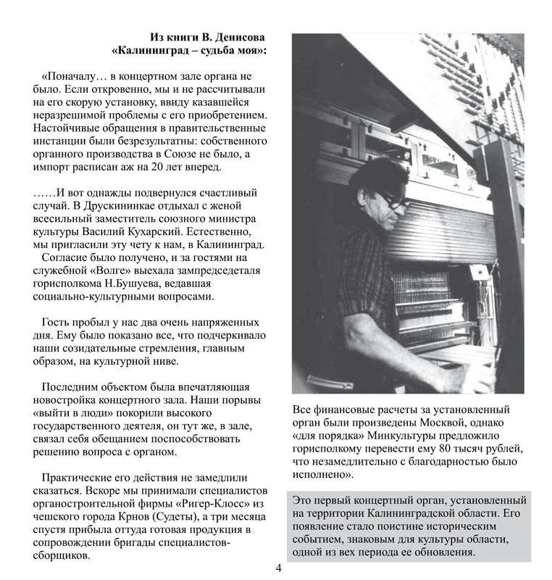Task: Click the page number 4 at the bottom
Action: (278, 567)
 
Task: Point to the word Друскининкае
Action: (118, 206)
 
